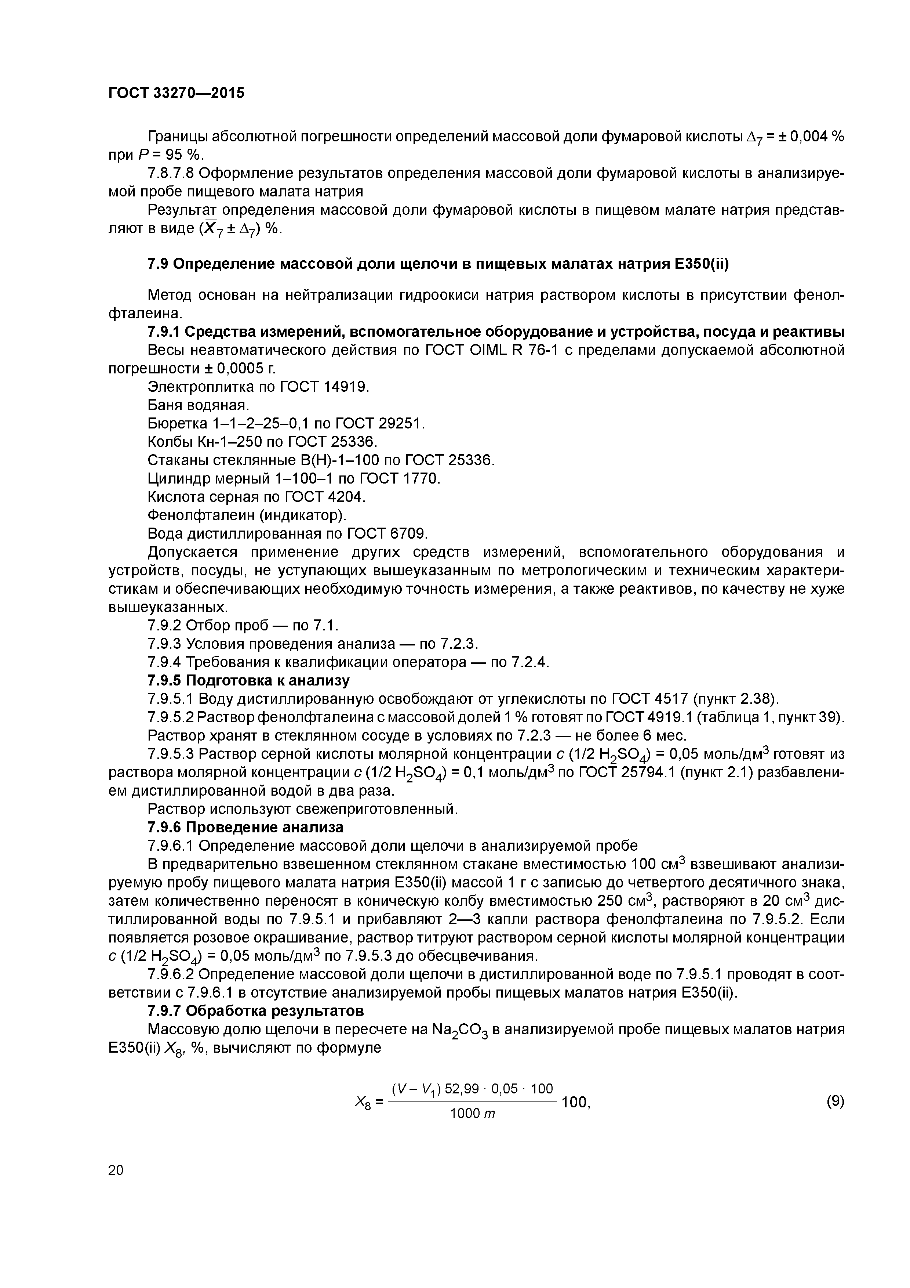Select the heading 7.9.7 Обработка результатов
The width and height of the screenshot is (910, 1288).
coord(255,1010)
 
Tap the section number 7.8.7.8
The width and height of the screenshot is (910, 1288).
coord(171,173)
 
